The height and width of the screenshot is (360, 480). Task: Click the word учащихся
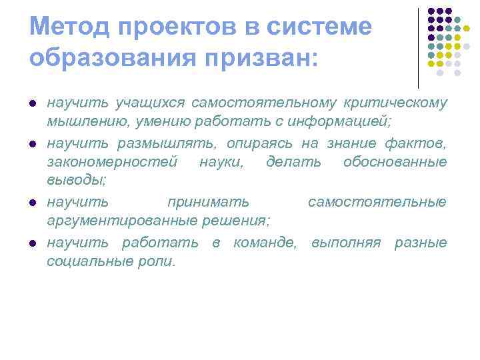coord(150,103)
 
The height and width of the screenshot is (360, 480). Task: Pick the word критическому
coord(395,103)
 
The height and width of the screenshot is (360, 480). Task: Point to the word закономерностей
coord(112,161)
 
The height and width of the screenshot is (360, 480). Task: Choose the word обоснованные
coord(395,161)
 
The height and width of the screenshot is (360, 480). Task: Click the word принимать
coord(209,201)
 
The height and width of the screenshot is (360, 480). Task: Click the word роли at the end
coord(160,261)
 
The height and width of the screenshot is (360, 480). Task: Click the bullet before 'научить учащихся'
coord(32,105)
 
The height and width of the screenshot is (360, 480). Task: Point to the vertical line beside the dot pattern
coord(418,47)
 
